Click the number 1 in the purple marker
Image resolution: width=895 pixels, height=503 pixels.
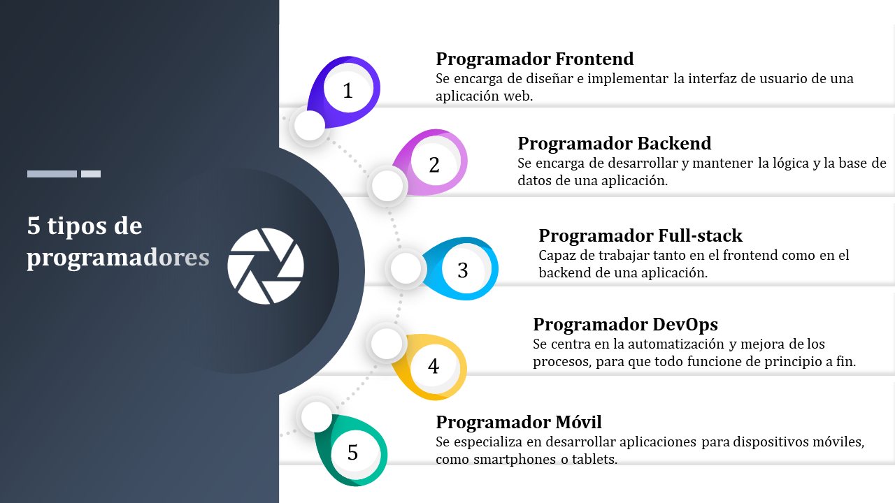coord(348,91)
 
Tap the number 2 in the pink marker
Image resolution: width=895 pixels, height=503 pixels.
coord(434,165)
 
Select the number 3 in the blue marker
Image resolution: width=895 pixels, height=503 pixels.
coord(463,270)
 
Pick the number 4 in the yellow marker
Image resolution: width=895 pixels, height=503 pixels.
coord(434,366)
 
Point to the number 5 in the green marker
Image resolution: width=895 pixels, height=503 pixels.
coord(352,452)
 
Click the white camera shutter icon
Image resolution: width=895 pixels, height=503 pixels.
coord(266,266)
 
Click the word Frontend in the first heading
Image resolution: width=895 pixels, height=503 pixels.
coord(594,59)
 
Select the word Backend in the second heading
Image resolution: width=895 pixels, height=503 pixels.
coord(674,143)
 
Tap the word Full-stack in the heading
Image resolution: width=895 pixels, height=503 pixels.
coord(700,235)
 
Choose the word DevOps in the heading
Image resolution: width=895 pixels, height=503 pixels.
coord(685,324)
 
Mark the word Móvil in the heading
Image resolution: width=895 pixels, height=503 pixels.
coord(578,422)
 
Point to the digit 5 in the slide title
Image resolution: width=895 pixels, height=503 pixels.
coord(34,225)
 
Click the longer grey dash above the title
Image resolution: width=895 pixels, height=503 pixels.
coord(52,174)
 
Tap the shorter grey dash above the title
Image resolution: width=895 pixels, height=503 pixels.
coord(91,174)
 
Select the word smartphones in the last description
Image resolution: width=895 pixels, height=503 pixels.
coord(515,460)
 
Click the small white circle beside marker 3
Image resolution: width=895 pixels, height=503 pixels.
coord(406,268)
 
